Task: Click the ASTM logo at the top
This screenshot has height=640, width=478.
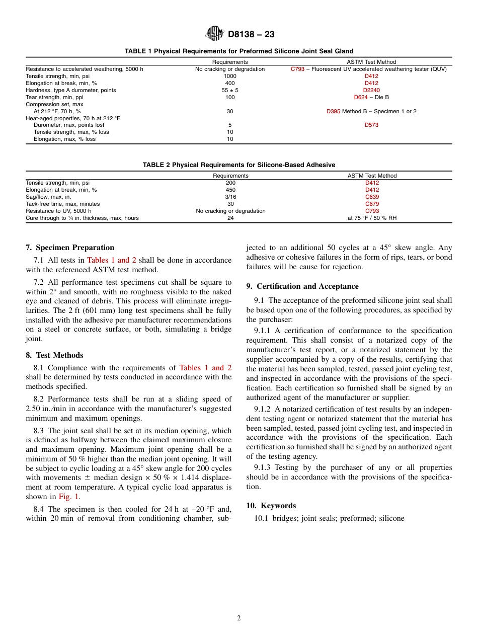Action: coord(215,34)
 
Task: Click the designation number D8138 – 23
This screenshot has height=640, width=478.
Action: coord(251,35)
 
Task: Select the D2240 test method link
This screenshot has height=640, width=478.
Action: coord(371,90)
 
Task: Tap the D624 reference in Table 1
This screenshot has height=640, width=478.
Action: coord(361,97)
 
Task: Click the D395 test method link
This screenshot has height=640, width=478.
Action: coord(333,111)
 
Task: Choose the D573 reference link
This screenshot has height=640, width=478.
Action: coord(371,125)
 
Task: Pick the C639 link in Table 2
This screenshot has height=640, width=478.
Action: coord(372,197)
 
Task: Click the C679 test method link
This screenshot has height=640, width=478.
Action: coord(372,204)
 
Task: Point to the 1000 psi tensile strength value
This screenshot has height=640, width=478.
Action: coord(230,76)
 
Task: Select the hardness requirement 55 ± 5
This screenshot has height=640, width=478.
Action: coord(230,90)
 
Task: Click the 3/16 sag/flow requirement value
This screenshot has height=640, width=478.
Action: coord(230,197)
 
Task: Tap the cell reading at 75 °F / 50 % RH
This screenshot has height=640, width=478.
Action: coord(372,218)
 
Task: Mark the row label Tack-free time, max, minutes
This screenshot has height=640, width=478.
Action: coord(62,204)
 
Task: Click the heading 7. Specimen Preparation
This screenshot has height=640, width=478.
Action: coord(70,248)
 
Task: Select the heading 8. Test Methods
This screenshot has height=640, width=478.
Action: coord(54,355)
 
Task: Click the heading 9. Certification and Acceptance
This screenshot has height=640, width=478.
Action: coord(302,286)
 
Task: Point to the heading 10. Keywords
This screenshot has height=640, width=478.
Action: coord(271,506)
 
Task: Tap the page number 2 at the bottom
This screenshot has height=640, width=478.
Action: coord(239,618)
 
